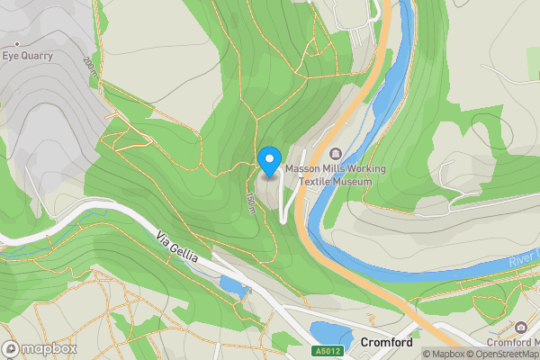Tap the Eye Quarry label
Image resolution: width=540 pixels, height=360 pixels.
click(27, 56)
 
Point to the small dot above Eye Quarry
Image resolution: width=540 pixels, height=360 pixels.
click(16, 43)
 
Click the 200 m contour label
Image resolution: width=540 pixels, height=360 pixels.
click(88, 68)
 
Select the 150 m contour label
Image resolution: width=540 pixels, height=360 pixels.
click(250, 199)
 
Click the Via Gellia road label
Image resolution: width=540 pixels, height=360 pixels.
click(177, 248)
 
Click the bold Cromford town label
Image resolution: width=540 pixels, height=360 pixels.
click(385, 343)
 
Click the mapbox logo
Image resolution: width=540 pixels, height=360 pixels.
click(40, 348)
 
